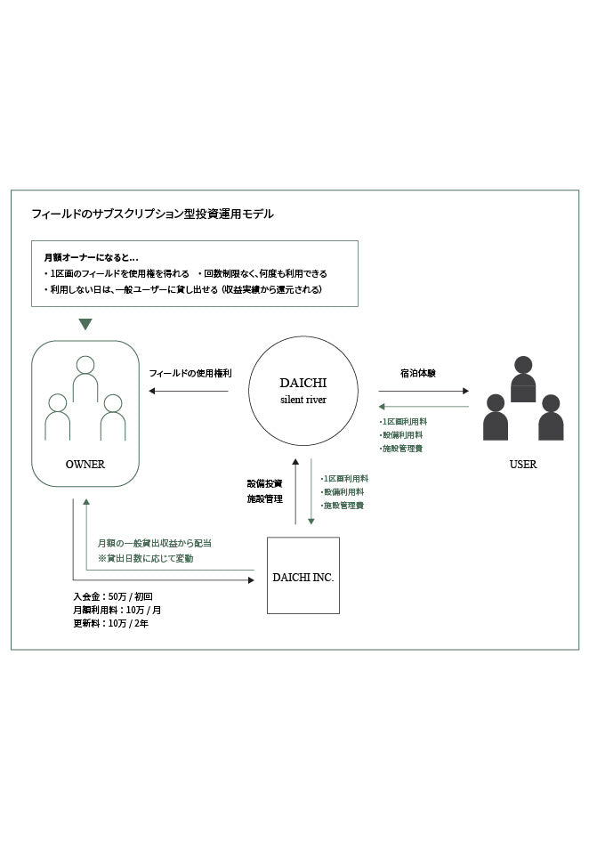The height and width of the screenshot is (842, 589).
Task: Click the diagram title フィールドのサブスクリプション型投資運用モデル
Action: coord(152,215)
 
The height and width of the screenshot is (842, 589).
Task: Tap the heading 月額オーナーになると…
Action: coord(91,258)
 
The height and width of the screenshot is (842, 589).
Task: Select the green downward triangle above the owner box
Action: coord(85,324)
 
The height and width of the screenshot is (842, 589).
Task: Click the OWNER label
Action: coord(85,464)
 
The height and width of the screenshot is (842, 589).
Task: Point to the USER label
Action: coord(523,464)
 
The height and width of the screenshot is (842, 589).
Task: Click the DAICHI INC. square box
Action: coord(303,576)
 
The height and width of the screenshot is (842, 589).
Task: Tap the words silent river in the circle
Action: coord(303,400)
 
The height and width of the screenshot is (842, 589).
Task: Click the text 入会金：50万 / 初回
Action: coord(119,596)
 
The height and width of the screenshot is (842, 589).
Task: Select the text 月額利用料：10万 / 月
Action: coord(117,610)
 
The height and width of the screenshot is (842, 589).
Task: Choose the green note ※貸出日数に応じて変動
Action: coord(145,558)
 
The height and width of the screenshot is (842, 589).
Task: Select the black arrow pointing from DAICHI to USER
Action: coord(424,391)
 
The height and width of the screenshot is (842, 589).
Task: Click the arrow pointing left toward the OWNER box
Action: coord(189,391)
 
